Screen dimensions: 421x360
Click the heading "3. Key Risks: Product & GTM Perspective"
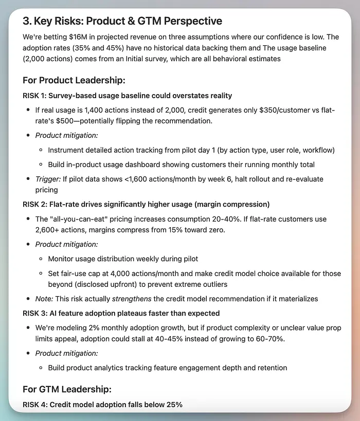122,21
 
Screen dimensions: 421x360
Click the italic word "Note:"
44,299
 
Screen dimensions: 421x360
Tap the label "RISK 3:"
37,313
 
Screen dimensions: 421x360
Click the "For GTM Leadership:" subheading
67,390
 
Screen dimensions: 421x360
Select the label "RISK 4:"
37,405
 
